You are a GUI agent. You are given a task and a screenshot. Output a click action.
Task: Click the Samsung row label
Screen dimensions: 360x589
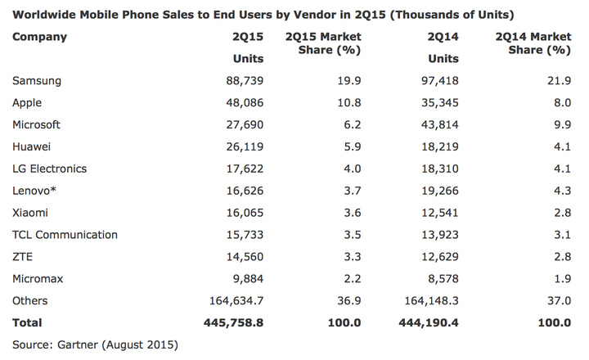coord(38,81)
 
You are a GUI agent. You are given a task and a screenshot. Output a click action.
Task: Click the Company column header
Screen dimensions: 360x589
coord(40,37)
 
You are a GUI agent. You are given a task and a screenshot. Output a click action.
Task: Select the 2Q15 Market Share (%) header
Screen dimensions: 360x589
coord(321,43)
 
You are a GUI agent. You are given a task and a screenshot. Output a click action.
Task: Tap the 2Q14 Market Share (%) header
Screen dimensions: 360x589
coord(533,43)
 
